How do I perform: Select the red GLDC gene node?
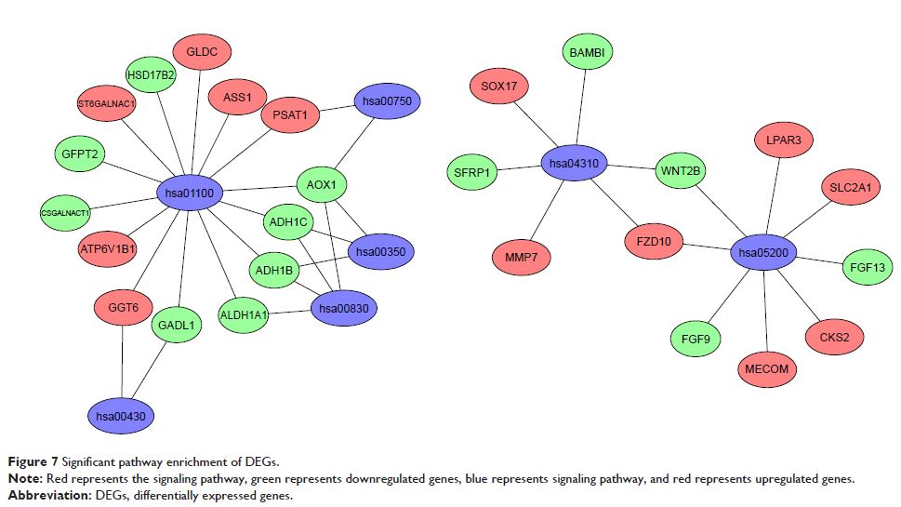click(x=202, y=53)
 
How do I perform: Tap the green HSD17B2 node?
click(x=151, y=75)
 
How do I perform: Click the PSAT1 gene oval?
click(x=290, y=115)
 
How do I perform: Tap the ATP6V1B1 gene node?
click(x=108, y=248)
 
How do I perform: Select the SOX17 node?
click(x=498, y=87)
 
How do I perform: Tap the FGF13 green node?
click(x=867, y=267)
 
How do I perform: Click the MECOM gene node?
click(x=767, y=368)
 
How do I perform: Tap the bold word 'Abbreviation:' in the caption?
click(x=44, y=494)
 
